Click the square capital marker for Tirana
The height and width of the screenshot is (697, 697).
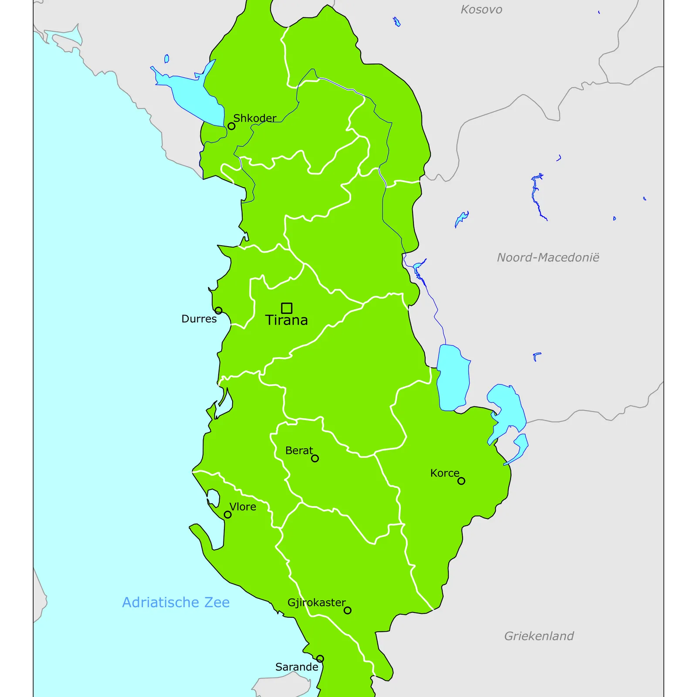click(x=286, y=308)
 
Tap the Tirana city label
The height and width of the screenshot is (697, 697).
click(x=287, y=320)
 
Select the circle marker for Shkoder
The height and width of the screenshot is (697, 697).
click(x=231, y=126)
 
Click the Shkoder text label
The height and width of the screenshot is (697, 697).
click(x=255, y=118)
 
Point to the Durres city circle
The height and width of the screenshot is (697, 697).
click(x=218, y=311)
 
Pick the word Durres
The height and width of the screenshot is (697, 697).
click(x=199, y=319)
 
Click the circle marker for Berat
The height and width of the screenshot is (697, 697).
click(x=315, y=458)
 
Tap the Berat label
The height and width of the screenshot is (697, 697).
click(x=299, y=450)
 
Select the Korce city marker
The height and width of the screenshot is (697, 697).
click(x=461, y=481)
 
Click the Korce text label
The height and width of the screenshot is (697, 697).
click(x=444, y=473)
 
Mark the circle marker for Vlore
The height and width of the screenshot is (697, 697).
click(x=227, y=514)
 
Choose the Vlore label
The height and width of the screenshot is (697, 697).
click(x=243, y=507)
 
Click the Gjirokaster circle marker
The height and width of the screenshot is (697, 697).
click(x=347, y=610)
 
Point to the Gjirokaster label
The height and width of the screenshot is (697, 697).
click(x=316, y=602)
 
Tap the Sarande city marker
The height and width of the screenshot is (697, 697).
click(x=320, y=659)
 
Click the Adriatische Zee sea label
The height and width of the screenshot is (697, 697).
click(x=176, y=602)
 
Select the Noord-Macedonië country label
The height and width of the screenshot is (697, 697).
click(x=548, y=257)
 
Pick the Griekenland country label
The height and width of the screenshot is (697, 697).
click(x=539, y=636)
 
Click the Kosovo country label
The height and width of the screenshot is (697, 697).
click(x=481, y=10)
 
